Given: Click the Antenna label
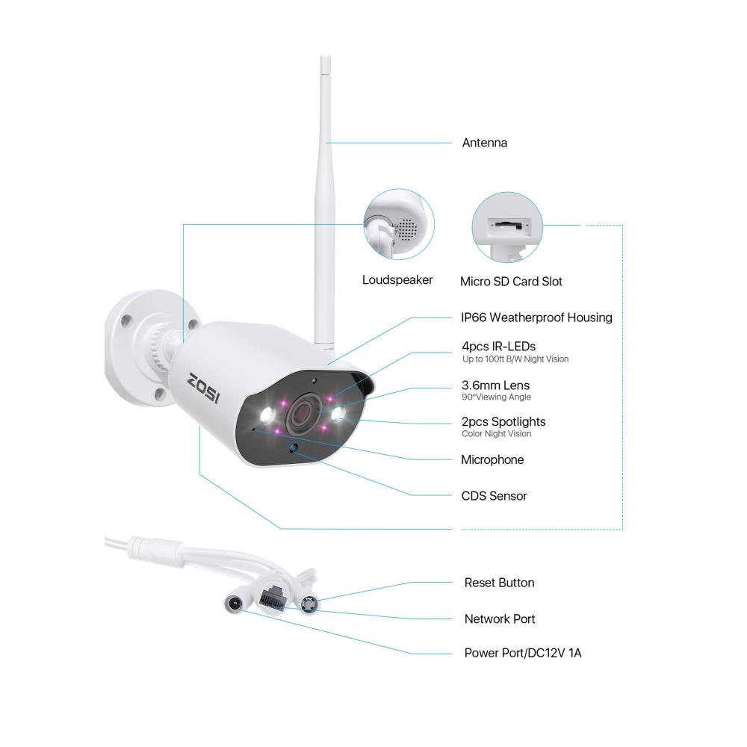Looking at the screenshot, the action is pyautogui.click(x=485, y=143).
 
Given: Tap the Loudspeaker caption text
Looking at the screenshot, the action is pyautogui.click(x=397, y=280).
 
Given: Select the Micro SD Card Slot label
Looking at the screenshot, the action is pyautogui.click(x=511, y=282).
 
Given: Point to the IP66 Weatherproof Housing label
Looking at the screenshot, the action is pyautogui.click(x=536, y=317).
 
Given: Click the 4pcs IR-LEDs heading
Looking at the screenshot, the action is pyautogui.click(x=499, y=347).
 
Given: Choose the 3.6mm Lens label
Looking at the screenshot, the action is pyautogui.click(x=495, y=385).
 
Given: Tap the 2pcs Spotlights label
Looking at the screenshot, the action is pyautogui.click(x=503, y=421).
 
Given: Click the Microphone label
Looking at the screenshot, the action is pyautogui.click(x=492, y=459).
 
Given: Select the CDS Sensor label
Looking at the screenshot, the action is pyautogui.click(x=494, y=496).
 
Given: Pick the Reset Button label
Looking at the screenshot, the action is pyautogui.click(x=499, y=583).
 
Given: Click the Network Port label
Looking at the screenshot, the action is pyautogui.click(x=500, y=619).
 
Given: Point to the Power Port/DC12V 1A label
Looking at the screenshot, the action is pyautogui.click(x=523, y=653).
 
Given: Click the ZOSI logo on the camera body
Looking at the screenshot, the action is pyautogui.click(x=204, y=387).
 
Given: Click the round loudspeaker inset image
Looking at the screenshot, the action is pyautogui.click(x=399, y=224).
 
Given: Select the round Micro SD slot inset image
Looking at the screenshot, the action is pyautogui.click(x=507, y=227).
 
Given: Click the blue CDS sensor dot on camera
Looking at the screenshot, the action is pyautogui.click(x=294, y=447).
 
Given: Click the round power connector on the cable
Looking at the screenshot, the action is pyautogui.click(x=233, y=604).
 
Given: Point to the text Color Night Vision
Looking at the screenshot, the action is pyautogui.click(x=497, y=434).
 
